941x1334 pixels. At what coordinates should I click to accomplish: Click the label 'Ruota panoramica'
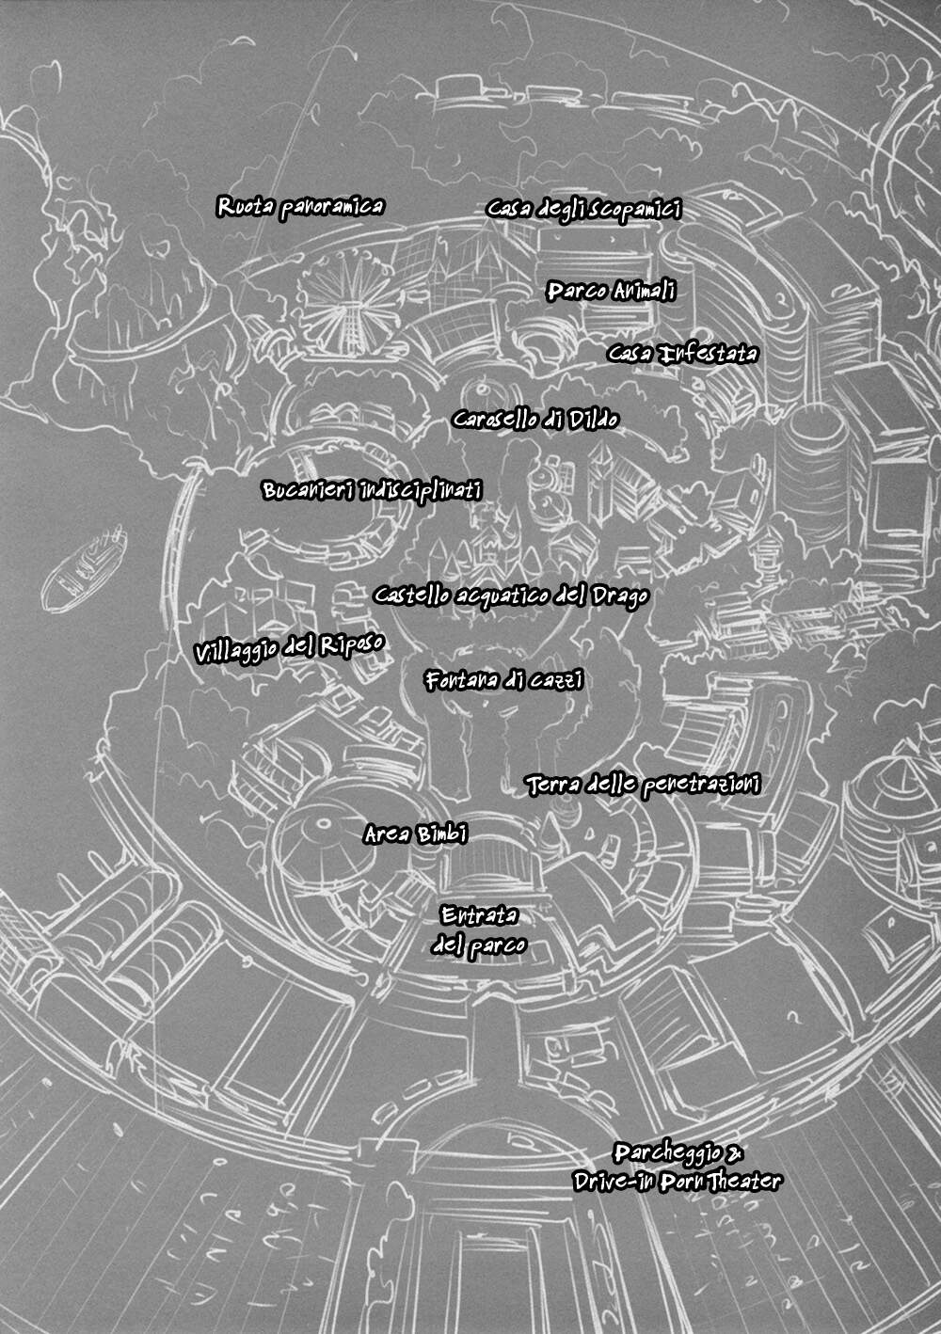(300, 207)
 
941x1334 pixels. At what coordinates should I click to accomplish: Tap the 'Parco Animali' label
(611, 292)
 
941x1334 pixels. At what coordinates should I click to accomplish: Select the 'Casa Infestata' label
(682, 354)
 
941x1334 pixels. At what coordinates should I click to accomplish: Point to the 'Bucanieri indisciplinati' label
(372, 490)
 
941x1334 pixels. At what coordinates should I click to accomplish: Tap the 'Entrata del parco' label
(479, 930)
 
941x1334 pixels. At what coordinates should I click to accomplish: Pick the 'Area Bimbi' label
(416, 834)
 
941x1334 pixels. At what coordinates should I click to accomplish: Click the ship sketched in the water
(84, 570)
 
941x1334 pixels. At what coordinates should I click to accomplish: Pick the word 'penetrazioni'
(702, 786)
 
